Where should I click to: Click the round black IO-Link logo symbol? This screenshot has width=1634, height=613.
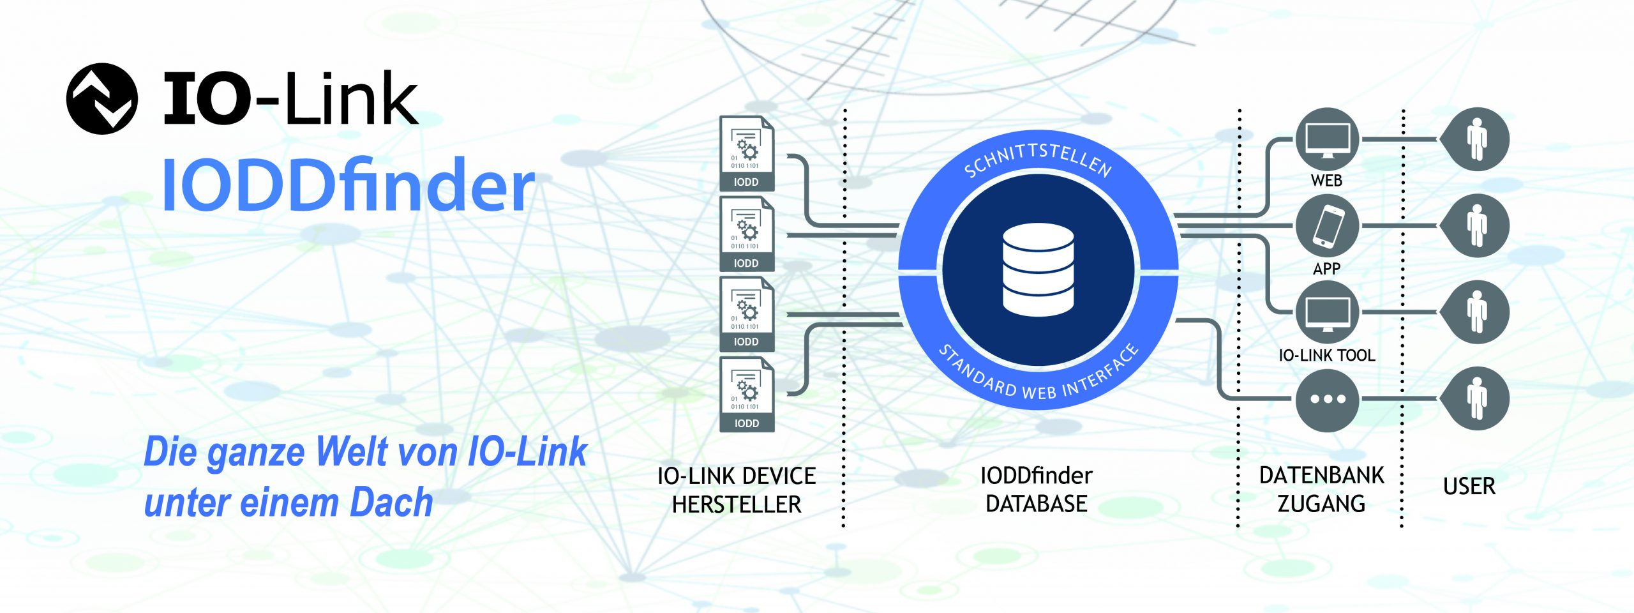tap(102, 99)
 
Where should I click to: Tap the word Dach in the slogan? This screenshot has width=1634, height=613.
tap(391, 502)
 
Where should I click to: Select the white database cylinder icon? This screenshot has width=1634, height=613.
tap(1038, 269)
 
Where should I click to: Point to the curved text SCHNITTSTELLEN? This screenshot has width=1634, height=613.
tap(1037, 160)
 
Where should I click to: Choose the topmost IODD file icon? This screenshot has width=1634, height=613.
tap(746, 153)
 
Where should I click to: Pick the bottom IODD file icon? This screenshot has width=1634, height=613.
tap(746, 395)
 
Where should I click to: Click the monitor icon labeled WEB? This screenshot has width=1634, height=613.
tap(1328, 139)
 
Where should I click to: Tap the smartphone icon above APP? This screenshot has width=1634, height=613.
tap(1328, 225)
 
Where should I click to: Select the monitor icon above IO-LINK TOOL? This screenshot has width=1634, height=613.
tap(1328, 312)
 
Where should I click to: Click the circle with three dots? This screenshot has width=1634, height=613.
tap(1328, 399)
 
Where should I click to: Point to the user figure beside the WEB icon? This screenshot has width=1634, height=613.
tap(1476, 139)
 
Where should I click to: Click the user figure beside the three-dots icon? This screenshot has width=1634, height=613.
tap(1476, 399)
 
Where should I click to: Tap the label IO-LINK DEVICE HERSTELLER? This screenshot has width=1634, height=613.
tap(737, 490)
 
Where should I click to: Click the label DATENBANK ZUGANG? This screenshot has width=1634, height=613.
tap(1321, 489)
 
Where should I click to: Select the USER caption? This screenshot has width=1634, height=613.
tap(1469, 487)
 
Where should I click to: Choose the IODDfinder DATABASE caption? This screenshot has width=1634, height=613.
tap(1036, 489)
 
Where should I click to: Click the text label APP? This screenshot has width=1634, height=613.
tap(1326, 269)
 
